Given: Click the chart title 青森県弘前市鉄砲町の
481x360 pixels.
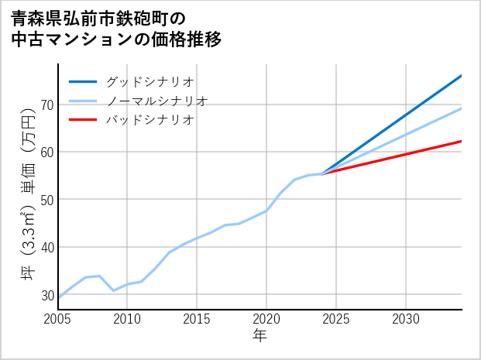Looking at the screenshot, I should (99, 17).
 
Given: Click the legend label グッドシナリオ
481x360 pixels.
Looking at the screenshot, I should (149, 81).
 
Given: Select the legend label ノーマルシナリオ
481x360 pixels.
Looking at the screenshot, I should (156, 101).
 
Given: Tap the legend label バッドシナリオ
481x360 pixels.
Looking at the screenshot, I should (149, 120).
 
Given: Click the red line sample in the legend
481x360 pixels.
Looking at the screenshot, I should (83, 120).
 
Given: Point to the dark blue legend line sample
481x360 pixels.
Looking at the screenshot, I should (83, 81).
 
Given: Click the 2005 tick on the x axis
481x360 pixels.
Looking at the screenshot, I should (58, 319).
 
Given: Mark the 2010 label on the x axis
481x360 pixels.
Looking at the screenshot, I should (127, 319).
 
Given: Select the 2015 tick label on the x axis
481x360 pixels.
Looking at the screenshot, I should (197, 319).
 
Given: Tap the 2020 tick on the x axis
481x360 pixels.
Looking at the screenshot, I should (266, 319).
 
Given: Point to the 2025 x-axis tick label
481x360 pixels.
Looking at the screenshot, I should (336, 319).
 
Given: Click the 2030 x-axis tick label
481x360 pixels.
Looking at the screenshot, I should (406, 319).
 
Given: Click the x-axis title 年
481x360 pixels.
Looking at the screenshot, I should (259, 336).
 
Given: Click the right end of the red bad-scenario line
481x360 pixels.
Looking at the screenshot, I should (461, 141).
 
